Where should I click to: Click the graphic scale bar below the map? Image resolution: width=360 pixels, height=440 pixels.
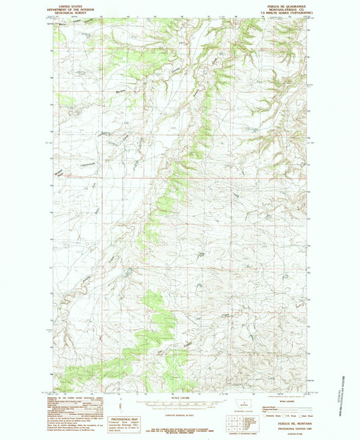coord(179,402)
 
